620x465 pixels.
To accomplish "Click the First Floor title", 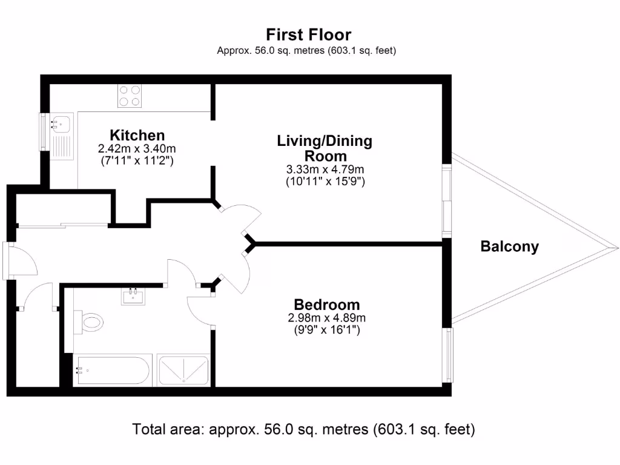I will (x=308, y=35).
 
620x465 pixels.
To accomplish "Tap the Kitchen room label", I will (x=137, y=135).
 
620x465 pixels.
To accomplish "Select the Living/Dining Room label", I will (x=325, y=148).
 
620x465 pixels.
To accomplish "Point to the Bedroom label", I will (x=327, y=305).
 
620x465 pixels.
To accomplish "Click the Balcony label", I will (x=509, y=247).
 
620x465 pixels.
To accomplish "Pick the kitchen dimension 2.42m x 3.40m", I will (x=137, y=149).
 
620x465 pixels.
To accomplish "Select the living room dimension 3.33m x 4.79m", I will (x=325, y=170).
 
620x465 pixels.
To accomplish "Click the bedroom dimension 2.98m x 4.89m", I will (x=327, y=318).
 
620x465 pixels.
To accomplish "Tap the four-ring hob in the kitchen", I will (x=130, y=96).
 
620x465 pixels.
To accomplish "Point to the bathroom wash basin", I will (x=133, y=297).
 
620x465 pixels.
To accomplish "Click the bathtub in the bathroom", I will (x=111, y=371).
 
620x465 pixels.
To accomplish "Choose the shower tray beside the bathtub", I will (x=183, y=370).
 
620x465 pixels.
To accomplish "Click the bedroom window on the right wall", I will (x=448, y=355).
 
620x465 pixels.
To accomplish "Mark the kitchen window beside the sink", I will (x=43, y=131).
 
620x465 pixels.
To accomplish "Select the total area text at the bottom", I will (x=304, y=430).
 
